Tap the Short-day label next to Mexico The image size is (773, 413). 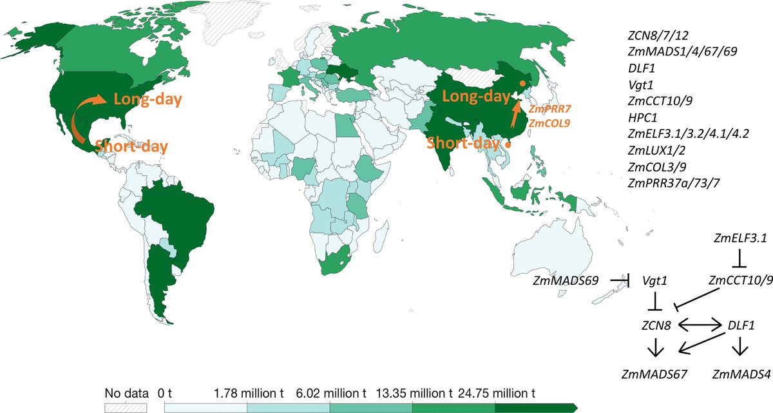point(131,146)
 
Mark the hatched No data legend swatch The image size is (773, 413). point(126,407)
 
